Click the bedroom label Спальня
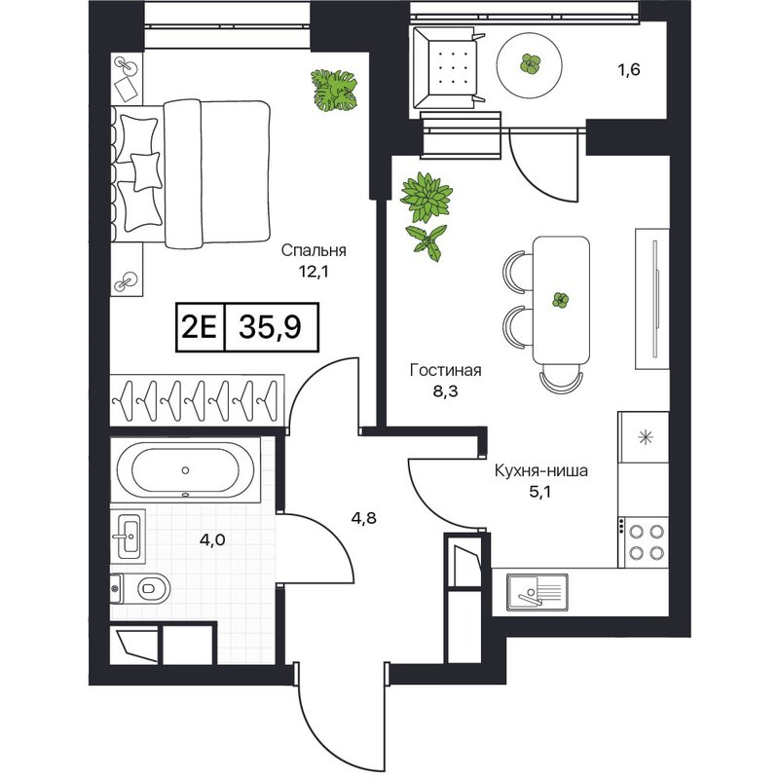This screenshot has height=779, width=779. coord(313,251)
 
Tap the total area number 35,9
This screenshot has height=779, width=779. coord(270,327)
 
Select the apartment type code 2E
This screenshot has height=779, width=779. coord(200,327)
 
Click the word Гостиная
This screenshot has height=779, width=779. coord(446,370)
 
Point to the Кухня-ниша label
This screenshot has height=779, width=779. coord(541,470)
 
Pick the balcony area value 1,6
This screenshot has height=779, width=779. coord(628,69)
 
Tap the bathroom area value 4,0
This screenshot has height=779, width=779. coord(212,539)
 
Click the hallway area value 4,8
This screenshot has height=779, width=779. coord(363,518)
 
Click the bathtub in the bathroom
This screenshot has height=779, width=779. coord(185,470)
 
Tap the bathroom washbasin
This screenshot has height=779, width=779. coord(129,537)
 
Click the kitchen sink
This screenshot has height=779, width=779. coord(537,592)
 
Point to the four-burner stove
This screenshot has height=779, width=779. coord(644,542)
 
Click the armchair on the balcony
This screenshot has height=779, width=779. coord(448,68)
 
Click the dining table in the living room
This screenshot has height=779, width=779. coord(562,300)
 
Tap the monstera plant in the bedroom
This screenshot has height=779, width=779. coord(334,90)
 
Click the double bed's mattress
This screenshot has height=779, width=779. coord(217,174)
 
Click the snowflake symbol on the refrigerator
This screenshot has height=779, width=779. coord(646,437)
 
